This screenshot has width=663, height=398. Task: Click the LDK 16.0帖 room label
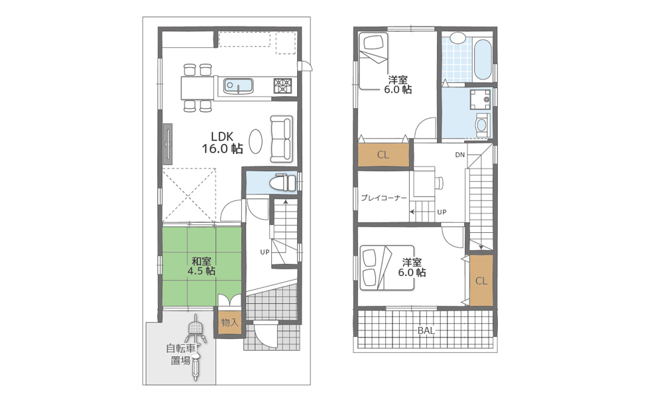click(222, 143)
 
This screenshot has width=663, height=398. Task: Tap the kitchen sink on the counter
click(238, 86)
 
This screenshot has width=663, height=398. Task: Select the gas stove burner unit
click(282, 86)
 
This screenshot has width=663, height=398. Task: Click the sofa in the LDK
click(281, 139)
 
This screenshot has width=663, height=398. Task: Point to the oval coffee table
click(255, 141)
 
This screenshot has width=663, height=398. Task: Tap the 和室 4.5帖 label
click(202, 266)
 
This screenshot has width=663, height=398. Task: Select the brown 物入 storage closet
click(229, 322)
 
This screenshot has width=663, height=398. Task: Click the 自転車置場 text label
click(180, 354)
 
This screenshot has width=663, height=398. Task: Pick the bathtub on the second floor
click(483, 59)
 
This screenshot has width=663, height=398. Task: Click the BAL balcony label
click(426, 331)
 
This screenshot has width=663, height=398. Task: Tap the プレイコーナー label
click(383, 198)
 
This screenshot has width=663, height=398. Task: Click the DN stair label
click(459, 155)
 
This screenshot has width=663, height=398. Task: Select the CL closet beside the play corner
click(383, 155)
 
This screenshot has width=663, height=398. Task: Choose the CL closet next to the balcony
click(481, 281)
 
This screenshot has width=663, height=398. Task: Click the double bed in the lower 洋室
click(387, 268)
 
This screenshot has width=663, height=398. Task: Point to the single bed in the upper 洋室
click(373, 61)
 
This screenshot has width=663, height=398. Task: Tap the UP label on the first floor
click(265, 252)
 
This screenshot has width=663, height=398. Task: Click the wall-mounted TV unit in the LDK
click(168, 144)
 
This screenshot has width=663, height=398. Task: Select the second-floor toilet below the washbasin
click(482, 124)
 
